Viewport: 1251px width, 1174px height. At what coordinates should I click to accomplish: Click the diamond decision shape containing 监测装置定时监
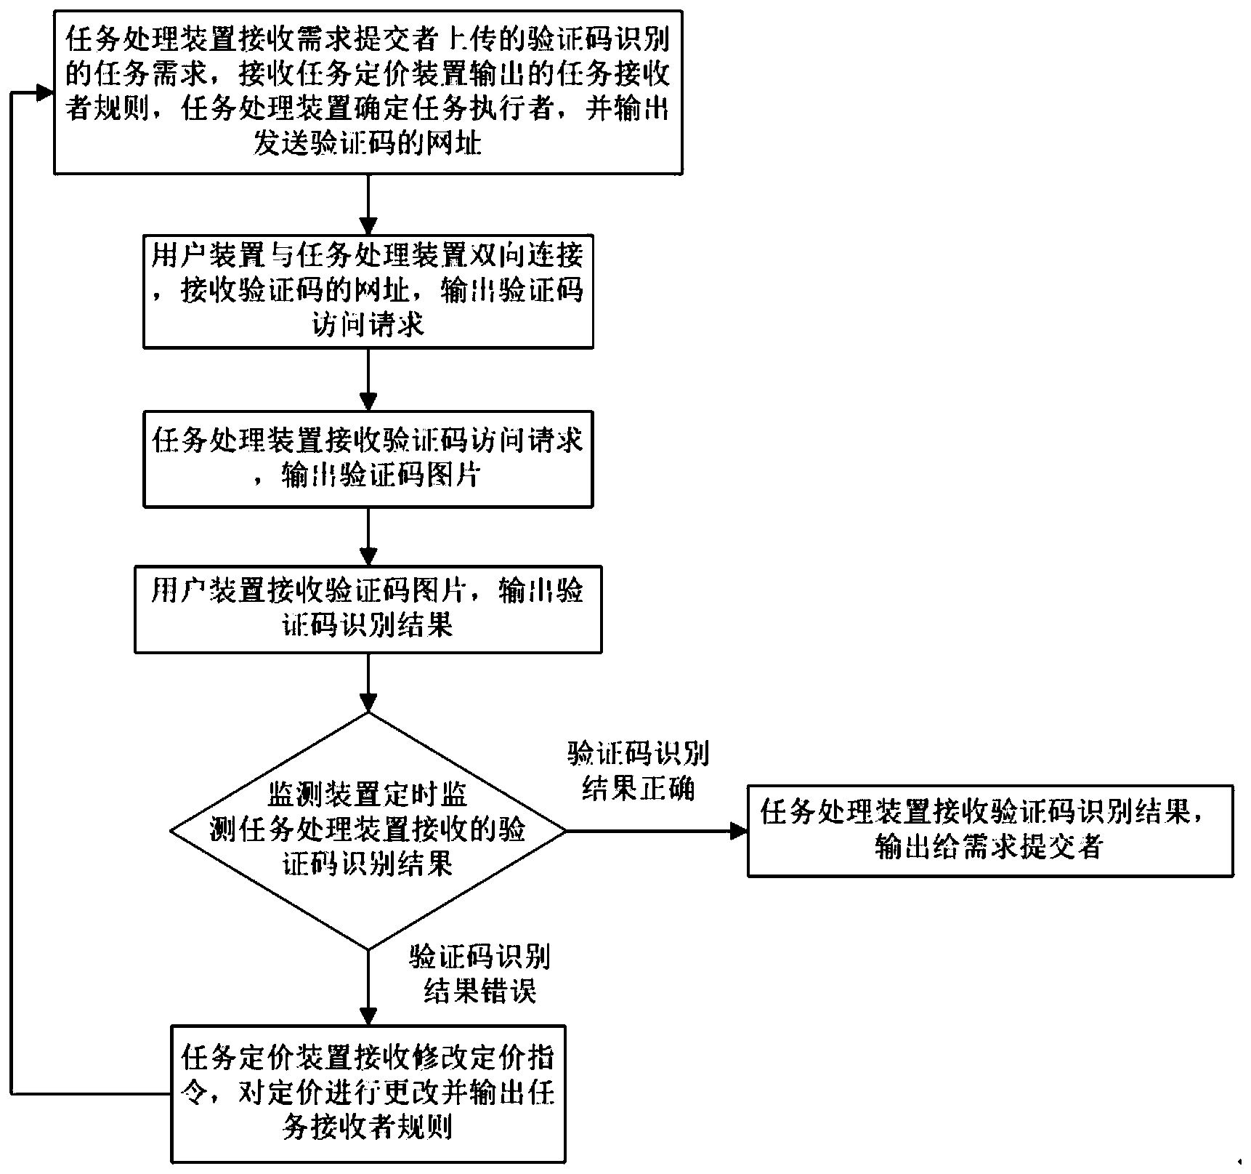point(368,831)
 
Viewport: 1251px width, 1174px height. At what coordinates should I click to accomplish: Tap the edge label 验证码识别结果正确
point(638,771)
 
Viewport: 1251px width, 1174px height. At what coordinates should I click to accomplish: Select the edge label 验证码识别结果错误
point(479,974)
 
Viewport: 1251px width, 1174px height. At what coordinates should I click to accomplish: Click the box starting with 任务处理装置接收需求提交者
point(368,91)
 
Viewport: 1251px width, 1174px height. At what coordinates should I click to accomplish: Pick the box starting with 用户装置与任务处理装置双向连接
point(368,291)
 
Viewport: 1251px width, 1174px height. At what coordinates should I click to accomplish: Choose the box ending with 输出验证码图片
point(368,459)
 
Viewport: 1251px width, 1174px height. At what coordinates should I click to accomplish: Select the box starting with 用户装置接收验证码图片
point(368,608)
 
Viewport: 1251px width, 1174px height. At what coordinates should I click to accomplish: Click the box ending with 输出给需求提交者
point(989,831)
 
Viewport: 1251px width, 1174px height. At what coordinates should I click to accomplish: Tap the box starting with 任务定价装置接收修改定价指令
point(368,1092)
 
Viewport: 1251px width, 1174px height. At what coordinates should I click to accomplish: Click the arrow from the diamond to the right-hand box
point(654,831)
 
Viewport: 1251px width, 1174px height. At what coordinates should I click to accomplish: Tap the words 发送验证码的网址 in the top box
point(368,144)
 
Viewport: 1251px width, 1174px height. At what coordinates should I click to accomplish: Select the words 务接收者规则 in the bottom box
point(368,1127)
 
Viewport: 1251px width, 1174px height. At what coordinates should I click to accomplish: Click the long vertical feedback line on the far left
point(12,582)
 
